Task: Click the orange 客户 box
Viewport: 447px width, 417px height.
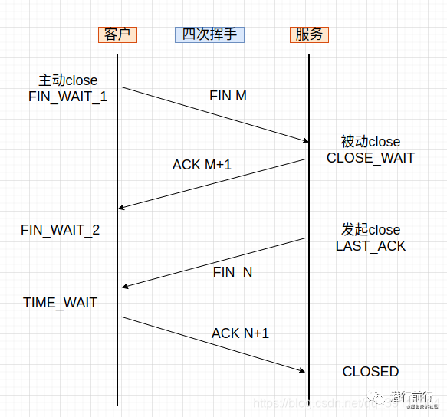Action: [117, 34]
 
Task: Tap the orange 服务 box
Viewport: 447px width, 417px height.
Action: [310, 34]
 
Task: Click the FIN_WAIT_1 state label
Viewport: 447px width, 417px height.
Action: [67, 97]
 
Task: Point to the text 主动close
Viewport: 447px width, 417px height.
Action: [68, 80]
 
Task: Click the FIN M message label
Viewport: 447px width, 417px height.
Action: [228, 97]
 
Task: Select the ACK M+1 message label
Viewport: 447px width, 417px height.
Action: [202, 164]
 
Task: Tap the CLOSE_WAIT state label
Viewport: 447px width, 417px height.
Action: [370, 158]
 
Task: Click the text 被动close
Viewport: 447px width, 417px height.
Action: [370, 142]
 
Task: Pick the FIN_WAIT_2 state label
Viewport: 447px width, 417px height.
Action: [60, 230]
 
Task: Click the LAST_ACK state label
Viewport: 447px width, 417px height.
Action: [370, 246]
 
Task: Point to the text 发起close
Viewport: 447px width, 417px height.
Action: [370, 230]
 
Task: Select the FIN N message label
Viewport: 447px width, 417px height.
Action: [232, 271]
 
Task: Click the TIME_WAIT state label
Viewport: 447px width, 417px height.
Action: [60, 303]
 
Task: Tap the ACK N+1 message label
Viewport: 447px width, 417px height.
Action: [240, 333]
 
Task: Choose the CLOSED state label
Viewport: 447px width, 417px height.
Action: [370, 372]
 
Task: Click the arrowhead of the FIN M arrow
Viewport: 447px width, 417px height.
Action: [304, 140]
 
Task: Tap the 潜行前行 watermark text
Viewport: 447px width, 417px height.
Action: [411, 396]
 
